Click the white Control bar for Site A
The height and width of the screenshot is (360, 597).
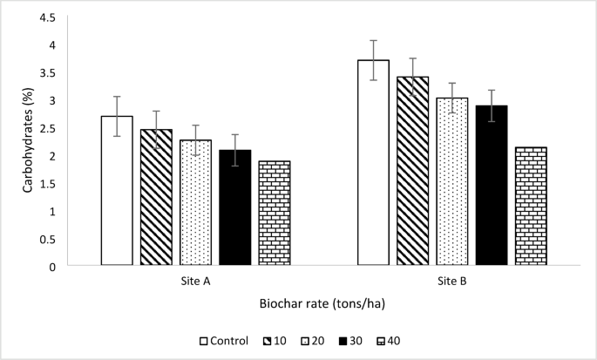(117, 191)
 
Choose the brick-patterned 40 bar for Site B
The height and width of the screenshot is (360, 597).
(530, 207)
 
